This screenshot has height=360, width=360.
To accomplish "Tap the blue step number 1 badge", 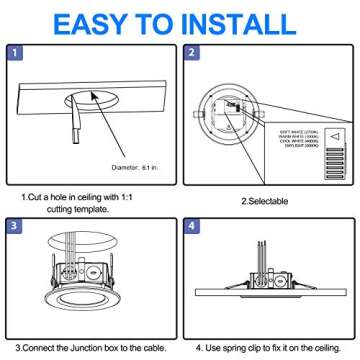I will [x=16, y=53].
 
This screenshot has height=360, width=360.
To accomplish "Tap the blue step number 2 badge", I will [x=193, y=53].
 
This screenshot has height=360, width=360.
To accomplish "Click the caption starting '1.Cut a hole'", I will [x=80, y=201].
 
